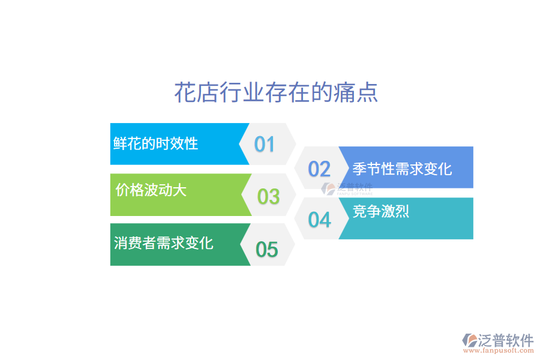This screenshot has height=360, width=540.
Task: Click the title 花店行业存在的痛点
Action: [x=276, y=93]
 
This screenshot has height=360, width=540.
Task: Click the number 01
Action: [x=264, y=144]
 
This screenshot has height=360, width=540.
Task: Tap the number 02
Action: [x=319, y=169]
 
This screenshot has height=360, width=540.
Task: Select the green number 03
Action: [x=268, y=196]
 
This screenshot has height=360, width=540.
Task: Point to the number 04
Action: [x=319, y=220]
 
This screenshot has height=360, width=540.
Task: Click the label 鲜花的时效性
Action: [x=156, y=143]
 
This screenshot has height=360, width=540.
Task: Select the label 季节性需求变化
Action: [x=402, y=169]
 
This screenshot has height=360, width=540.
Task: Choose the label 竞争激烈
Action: [x=381, y=211]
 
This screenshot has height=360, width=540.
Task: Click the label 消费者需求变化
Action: [x=163, y=243]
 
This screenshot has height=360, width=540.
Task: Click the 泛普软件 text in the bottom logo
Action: [x=506, y=341]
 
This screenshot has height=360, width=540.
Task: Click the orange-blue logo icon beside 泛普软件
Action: [x=469, y=340]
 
